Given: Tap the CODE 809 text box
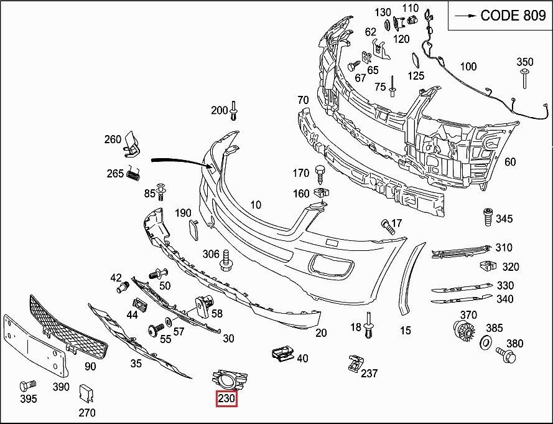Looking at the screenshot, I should [500, 16].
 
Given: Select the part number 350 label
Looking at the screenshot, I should [524, 62].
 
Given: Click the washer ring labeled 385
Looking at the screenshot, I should [485, 342].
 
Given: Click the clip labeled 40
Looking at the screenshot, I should [283, 354].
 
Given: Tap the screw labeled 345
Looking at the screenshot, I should [488, 217].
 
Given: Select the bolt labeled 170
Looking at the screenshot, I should [320, 172].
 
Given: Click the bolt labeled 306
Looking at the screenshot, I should [226, 261].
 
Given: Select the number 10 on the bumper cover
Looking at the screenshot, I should [256, 205].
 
